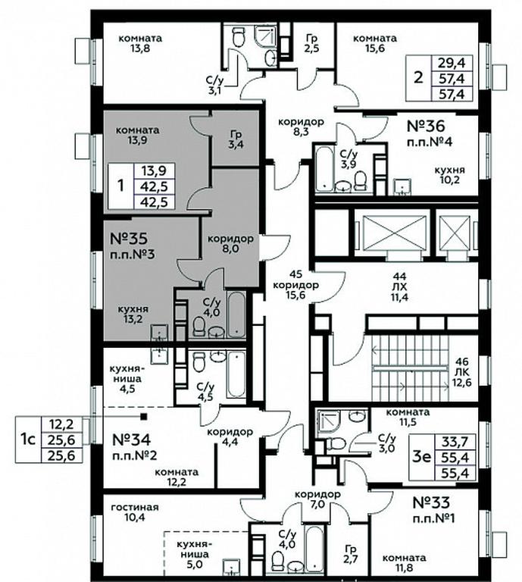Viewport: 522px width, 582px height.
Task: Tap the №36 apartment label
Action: (x=426, y=126)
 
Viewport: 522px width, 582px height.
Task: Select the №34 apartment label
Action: (x=131, y=440)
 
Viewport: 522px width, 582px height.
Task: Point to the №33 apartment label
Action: (x=431, y=502)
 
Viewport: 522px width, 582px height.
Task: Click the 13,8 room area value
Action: (x=140, y=48)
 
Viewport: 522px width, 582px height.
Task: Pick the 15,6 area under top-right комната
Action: (x=374, y=48)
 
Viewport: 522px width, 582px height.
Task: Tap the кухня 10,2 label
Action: (x=450, y=175)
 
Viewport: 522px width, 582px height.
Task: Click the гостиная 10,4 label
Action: (x=135, y=512)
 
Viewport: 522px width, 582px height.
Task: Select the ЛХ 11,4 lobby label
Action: (x=399, y=286)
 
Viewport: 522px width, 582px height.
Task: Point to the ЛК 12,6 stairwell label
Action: (x=461, y=372)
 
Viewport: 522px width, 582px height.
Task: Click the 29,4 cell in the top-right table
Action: (x=451, y=62)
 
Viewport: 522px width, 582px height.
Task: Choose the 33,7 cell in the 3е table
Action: (x=455, y=442)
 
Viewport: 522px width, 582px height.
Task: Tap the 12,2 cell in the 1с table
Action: (x=61, y=424)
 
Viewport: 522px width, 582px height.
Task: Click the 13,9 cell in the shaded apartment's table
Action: (x=154, y=171)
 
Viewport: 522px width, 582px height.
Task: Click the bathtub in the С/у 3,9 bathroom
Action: (x=324, y=169)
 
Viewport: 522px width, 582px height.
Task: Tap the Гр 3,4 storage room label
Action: (x=236, y=139)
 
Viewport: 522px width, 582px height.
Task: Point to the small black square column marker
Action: (x=144, y=417)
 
